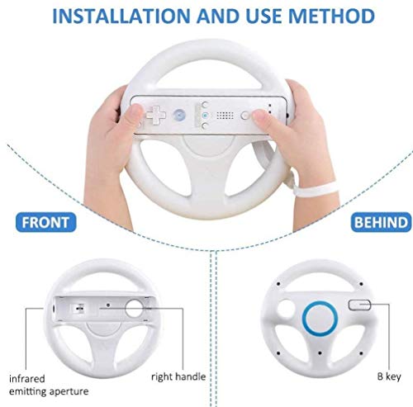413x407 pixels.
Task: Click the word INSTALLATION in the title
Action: pos(121,16)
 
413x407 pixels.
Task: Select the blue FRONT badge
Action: pos(45,222)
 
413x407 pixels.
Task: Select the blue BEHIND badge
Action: pos(381,222)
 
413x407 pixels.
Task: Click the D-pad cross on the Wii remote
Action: pos(156,116)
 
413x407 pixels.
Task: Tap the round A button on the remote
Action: pos(179,116)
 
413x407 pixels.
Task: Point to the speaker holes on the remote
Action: pos(225,116)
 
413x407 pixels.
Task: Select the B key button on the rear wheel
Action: pos(359,305)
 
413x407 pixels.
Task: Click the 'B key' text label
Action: pos(389,376)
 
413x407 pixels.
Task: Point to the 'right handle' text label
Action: pos(178,376)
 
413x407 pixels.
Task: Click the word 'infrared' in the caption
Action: pos(27,379)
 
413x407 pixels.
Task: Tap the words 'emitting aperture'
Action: pos(49,391)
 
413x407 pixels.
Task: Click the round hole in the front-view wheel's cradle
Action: pos(134,308)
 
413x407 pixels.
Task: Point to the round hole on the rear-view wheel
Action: pos(285,309)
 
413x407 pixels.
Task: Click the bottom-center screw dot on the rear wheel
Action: pos(320,353)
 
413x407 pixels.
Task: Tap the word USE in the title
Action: pos(263,16)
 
